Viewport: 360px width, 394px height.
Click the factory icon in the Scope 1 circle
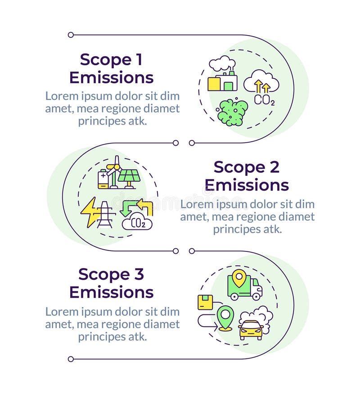tap(222, 81)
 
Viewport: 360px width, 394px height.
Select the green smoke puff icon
tap(232, 112)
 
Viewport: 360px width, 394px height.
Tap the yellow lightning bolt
tap(90, 211)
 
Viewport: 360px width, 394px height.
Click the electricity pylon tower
tap(105, 215)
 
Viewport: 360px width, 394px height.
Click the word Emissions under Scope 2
tap(247, 185)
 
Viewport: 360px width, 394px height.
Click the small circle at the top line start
tap(71, 35)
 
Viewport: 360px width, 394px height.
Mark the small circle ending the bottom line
tap(71, 358)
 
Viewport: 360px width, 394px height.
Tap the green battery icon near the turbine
tap(103, 179)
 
